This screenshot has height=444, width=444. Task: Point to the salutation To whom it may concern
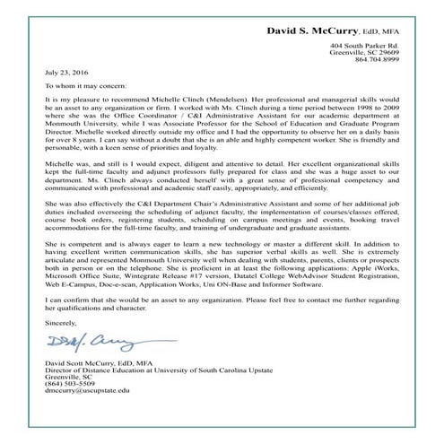(83, 87)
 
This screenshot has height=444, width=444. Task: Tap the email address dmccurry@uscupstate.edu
(86, 416)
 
